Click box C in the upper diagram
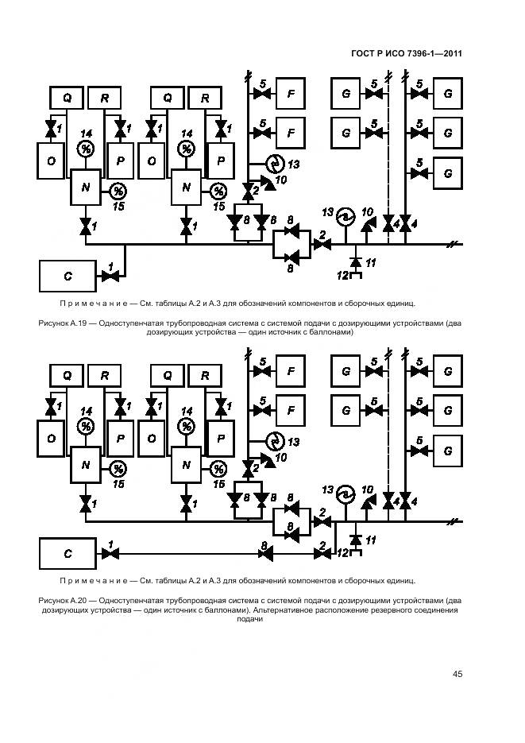[68, 276]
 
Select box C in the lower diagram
[68, 551]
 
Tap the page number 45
[457, 675]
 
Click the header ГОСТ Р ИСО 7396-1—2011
[406, 54]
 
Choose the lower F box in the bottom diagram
[291, 411]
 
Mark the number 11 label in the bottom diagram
[370, 540]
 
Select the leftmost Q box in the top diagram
[68, 98]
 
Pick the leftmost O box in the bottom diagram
[52, 438]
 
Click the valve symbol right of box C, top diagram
[110, 276]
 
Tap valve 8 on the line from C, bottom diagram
[268, 551]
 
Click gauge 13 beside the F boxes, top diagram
[275, 163]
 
